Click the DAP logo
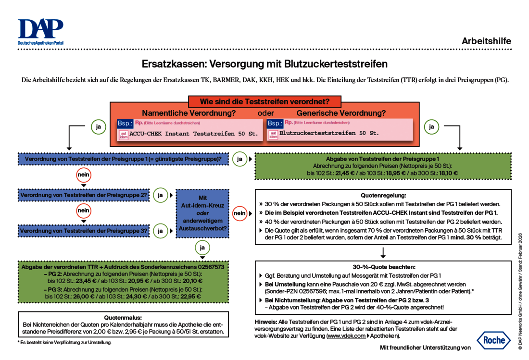[40, 32]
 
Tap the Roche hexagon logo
[494, 340]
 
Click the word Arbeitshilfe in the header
[486, 41]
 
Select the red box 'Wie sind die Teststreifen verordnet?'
[264, 102]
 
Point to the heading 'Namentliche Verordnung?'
[189, 113]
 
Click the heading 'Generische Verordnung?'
[340, 113]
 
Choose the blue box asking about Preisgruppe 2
[84, 196]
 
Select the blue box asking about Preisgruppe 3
[84, 231]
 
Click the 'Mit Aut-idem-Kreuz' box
[202, 213]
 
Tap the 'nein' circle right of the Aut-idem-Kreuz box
[239, 213]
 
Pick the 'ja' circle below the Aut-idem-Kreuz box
[202, 248]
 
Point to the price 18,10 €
[448, 173]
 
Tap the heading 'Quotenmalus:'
[123, 318]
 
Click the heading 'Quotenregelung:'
[383, 196]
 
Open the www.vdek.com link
[346, 336]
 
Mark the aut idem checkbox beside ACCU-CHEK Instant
[124, 135]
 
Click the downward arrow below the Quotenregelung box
[383, 252]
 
